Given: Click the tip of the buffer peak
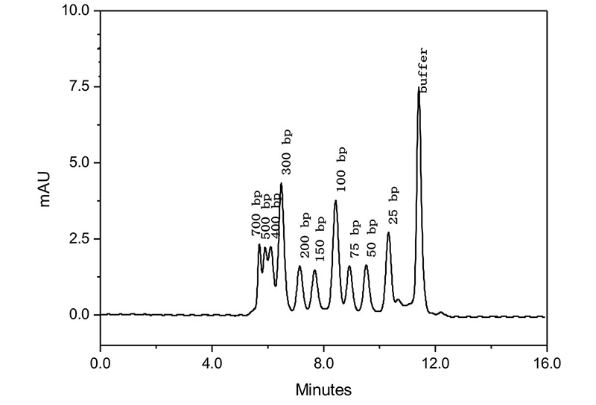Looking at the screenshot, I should click(x=419, y=88).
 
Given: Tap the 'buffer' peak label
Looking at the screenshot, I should click(x=423, y=70).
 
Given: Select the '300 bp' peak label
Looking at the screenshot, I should click(x=287, y=153).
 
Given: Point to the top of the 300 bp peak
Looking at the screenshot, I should click(x=281, y=183).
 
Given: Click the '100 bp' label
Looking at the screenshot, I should click(x=341, y=168).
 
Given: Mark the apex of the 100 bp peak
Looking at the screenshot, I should click(x=336, y=201).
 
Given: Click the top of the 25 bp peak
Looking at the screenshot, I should click(x=388, y=233).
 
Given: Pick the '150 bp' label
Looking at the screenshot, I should click(x=320, y=238).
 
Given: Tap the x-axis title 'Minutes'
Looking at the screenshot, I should click(x=323, y=389).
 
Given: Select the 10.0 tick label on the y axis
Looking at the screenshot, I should click(x=74, y=11).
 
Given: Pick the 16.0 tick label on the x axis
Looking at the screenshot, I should click(x=547, y=364).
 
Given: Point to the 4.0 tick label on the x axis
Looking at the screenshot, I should click(x=212, y=364).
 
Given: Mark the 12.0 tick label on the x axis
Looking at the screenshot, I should click(x=435, y=364).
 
